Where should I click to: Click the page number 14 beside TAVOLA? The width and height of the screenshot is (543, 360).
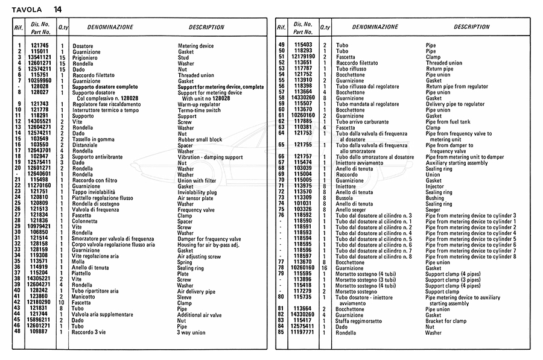coord(57,9)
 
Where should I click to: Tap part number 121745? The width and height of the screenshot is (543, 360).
coord(40,46)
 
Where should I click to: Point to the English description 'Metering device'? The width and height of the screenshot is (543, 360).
coord(195,46)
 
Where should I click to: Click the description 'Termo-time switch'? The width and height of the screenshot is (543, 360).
coord(198,110)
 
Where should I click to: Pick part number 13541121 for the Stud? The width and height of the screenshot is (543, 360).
coord(40,57)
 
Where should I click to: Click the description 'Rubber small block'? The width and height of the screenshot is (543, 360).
coord(200,139)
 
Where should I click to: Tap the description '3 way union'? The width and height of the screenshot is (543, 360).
coord(191,332)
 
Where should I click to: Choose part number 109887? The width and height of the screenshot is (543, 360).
coord(40,332)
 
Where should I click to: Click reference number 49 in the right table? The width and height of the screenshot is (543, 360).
coord(281,45)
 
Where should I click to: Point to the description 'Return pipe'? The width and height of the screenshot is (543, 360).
coord(439,69)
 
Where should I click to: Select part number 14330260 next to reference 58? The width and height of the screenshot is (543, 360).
coord(303,98)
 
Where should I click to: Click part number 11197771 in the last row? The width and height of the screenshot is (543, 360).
coord(303,332)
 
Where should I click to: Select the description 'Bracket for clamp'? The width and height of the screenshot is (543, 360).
coord(446,321)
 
